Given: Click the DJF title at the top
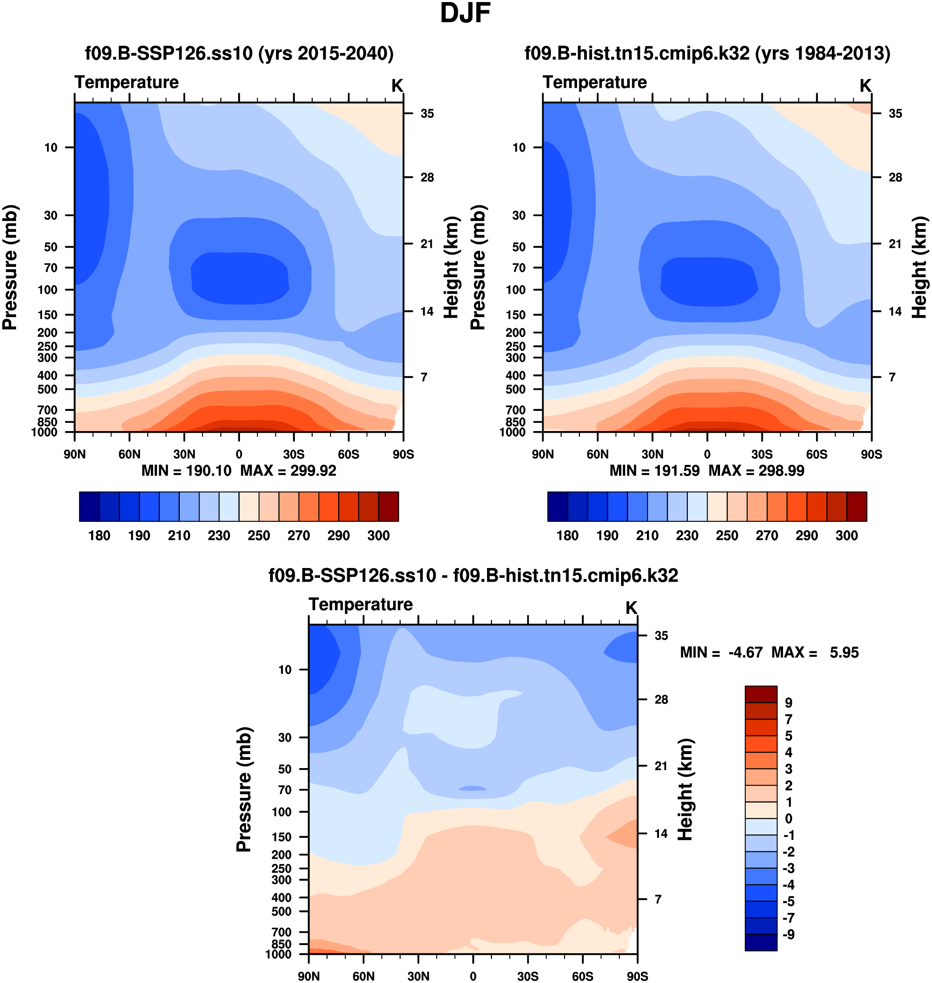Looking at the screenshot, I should pyautogui.click(x=465, y=14).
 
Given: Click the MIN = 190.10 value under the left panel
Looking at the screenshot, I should pyautogui.click(x=186, y=471).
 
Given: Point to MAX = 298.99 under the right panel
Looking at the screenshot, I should pyautogui.click(x=756, y=471).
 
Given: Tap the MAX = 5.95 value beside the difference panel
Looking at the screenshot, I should pyautogui.click(x=815, y=653).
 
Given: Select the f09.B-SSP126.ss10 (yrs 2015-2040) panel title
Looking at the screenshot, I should pyautogui.click(x=239, y=53).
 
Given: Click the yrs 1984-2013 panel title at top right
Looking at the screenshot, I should pyautogui.click(x=707, y=53).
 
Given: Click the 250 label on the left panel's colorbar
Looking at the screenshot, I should pyautogui.click(x=259, y=536).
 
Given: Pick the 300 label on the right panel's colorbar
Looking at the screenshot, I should pyautogui.click(x=847, y=536).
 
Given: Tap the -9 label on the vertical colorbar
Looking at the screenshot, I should pyautogui.click(x=788, y=935).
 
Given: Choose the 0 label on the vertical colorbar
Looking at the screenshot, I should pyautogui.click(x=788, y=818).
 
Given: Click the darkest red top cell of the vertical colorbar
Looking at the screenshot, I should pyautogui.click(x=760, y=694).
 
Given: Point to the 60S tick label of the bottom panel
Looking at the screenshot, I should pyautogui.click(x=582, y=976).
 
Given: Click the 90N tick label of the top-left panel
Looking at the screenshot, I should pyautogui.click(x=75, y=454).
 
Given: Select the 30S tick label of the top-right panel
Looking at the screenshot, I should pyautogui.click(x=762, y=454).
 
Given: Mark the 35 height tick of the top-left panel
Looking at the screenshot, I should pyautogui.click(x=427, y=114).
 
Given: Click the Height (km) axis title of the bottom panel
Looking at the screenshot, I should pyautogui.click(x=685, y=789).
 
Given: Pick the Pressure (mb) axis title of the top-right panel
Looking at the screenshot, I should pyautogui.click(x=478, y=267).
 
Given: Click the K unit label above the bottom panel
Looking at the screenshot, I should pyautogui.click(x=631, y=608).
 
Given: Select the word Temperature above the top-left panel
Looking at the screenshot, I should pyautogui.click(x=127, y=82).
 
